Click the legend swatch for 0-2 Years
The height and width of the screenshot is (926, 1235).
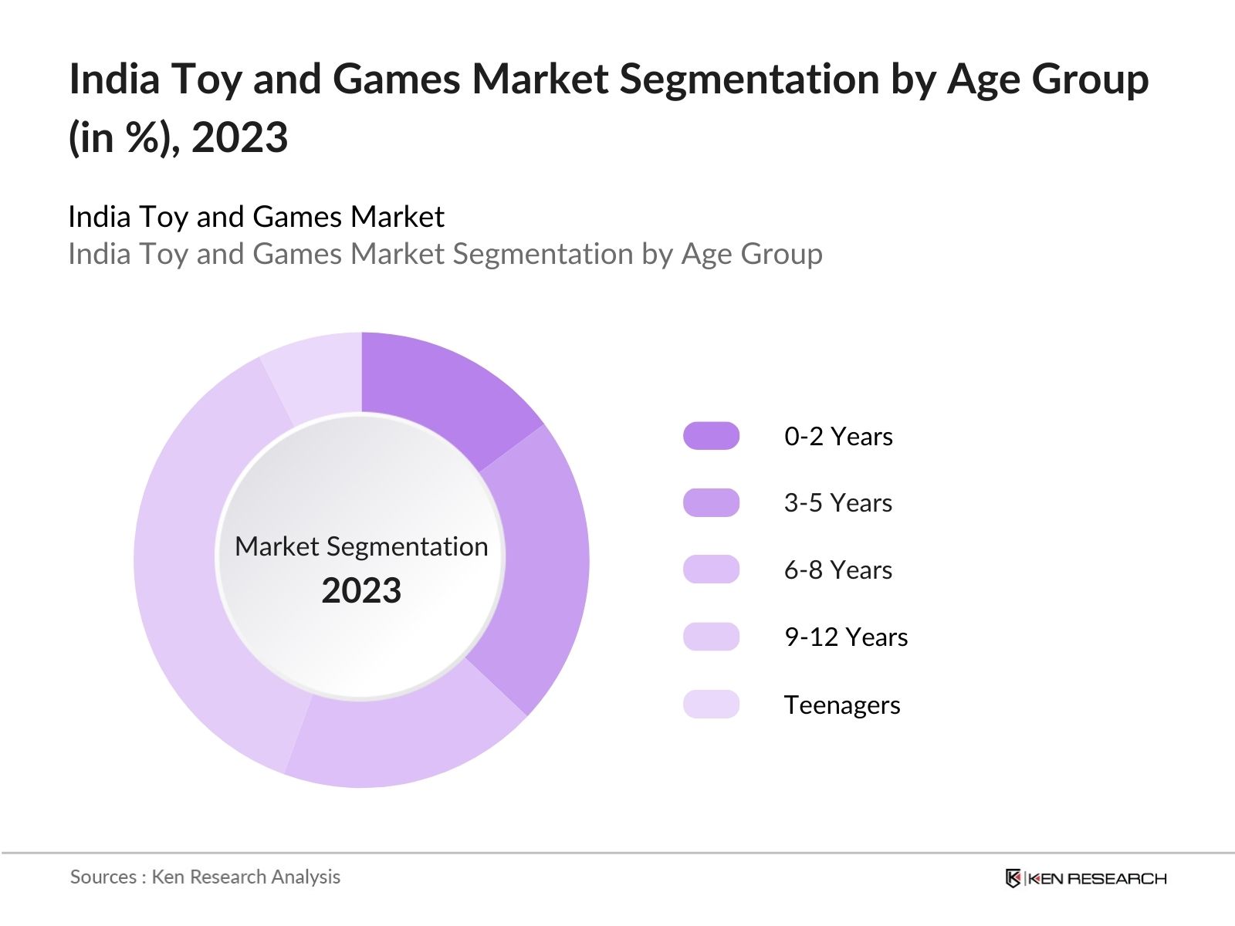click(x=711, y=436)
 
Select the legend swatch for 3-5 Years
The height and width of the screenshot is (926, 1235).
click(x=711, y=502)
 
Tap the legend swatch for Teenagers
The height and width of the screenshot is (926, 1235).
click(x=711, y=704)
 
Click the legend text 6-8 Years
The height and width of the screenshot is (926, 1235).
click(x=837, y=570)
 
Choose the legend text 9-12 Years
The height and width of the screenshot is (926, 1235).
click(x=845, y=637)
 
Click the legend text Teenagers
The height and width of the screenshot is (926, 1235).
click(x=841, y=705)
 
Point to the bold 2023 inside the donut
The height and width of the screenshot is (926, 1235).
click(x=361, y=591)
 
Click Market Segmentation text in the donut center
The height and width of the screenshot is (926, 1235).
click(x=361, y=546)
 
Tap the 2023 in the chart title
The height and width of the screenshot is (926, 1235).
click(x=239, y=138)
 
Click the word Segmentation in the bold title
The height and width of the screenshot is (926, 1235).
click(x=749, y=79)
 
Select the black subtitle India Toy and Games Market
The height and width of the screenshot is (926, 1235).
click(x=255, y=217)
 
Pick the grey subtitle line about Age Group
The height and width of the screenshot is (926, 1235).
click(x=445, y=254)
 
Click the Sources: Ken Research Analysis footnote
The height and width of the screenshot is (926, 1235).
click(x=205, y=877)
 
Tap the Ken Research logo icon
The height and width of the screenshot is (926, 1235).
click(x=1013, y=878)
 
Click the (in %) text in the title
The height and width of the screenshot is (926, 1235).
click(x=123, y=138)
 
